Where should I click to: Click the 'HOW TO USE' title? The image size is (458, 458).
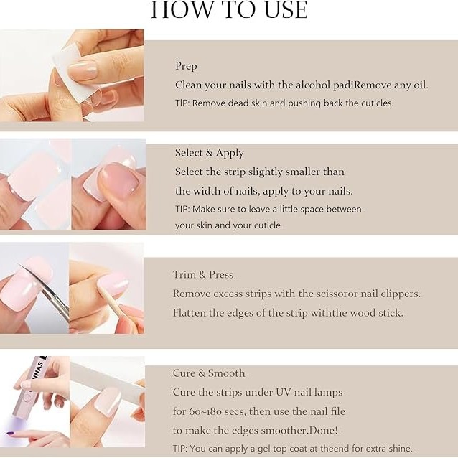pyautogui.click(x=229, y=10)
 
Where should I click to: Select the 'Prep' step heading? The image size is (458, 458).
pyautogui.click(x=186, y=66)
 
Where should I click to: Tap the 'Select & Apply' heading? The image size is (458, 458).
pyautogui.click(x=210, y=153)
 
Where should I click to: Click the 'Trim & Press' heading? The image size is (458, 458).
pyautogui.click(x=203, y=274)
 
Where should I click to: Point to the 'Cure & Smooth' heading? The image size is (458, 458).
pyautogui.click(x=209, y=373)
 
